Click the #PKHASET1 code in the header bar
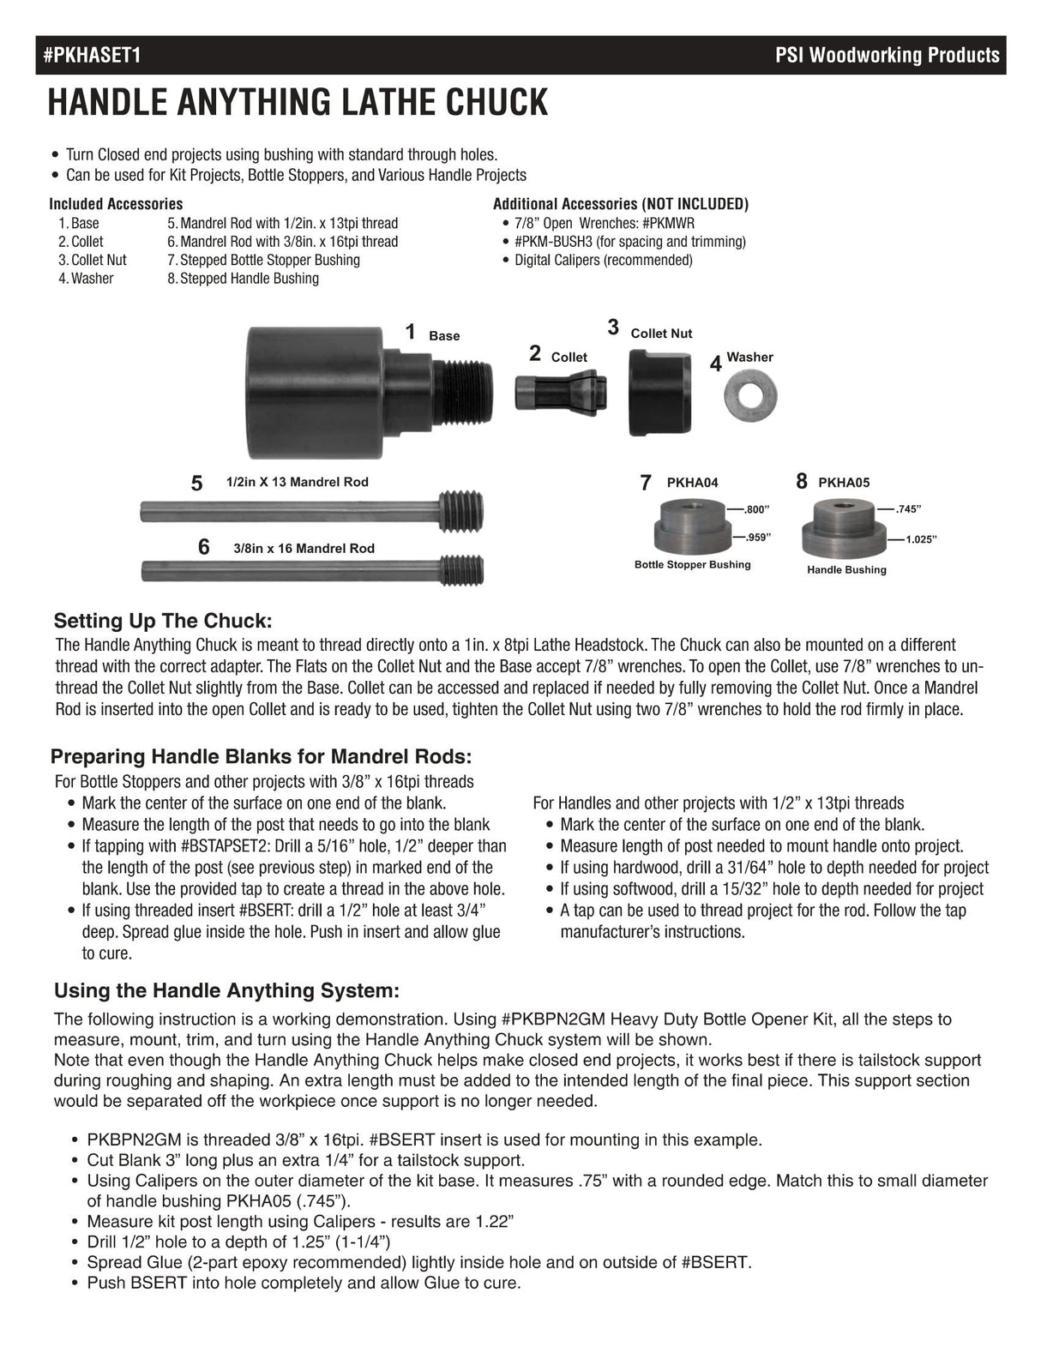[92, 56]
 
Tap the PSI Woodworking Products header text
[887, 56]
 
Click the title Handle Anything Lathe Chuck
[297, 103]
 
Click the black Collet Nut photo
[660, 393]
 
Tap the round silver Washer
[750, 394]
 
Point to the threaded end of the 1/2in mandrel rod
[460, 511]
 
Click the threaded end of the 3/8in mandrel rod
[461, 570]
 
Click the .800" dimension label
[756, 509]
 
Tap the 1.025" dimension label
[920, 539]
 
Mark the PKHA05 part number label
[844, 483]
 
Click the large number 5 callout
[197, 484]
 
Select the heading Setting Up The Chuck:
[163, 621]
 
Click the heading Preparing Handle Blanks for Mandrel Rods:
[262, 756]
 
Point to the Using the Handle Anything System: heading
[226, 991]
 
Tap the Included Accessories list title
[116, 204]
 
